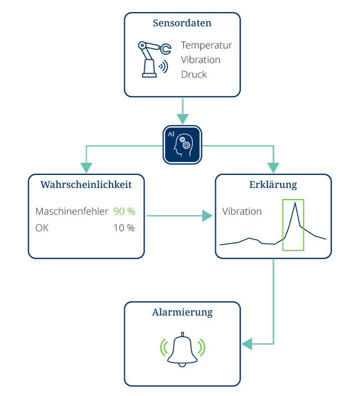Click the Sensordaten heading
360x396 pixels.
[182, 23]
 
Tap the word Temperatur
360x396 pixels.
[207, 45]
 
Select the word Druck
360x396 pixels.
[194, 74]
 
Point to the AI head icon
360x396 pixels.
[182, 145]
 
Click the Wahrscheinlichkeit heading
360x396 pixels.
[86, 184]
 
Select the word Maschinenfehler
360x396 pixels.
[72, 212]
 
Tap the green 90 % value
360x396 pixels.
[124, 212]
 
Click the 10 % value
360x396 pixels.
[124, 228]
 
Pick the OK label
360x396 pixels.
[42, 228]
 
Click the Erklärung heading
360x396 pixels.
[273, 184]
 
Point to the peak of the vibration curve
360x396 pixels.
[295, 203]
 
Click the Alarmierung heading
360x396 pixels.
[182, 312]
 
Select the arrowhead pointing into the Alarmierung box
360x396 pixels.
[247, 344]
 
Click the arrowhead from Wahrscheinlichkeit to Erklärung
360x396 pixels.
[208, 216]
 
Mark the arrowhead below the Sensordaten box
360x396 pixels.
[183, 119]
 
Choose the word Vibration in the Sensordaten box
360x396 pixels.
[201, 60]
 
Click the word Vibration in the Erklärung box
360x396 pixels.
[242, 212]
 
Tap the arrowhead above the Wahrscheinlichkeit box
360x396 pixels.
[86, 168]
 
